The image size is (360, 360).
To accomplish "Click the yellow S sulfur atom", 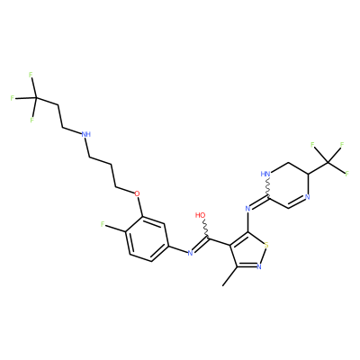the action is tap(266, 245).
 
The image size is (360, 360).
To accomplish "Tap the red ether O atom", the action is tap(137, 193).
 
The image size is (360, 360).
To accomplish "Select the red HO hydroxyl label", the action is tap(200, 215).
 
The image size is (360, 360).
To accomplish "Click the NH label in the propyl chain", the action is tap(86, 134).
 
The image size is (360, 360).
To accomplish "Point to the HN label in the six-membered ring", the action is tap(265, 174).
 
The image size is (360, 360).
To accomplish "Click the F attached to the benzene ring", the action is tap(103, 224).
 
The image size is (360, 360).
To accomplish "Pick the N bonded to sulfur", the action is tap(260, 266).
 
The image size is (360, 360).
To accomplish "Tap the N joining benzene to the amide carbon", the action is tap(190, 253).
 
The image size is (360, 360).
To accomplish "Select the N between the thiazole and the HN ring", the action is tap(247, 208).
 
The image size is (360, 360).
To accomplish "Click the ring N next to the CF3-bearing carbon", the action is tap(307, 197).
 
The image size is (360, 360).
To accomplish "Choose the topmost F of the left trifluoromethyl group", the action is tap(31, 75).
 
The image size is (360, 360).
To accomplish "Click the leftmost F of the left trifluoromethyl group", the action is tap(13, 98).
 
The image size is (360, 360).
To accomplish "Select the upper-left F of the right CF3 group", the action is tap(312, 145).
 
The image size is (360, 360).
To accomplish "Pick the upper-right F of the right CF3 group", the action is tap(341, 145).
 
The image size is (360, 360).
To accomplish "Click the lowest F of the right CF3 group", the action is tap(347, 174).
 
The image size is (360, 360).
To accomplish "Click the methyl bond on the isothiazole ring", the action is tap(229, 276).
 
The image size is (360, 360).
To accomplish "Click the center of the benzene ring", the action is tap(148, 238).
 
